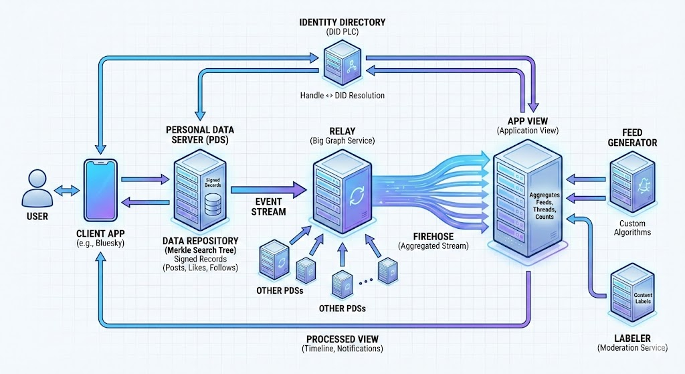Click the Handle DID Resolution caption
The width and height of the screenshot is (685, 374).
[342, 96]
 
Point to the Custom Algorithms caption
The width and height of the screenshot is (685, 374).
[634, 227]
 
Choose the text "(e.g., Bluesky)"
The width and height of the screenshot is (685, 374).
[99, 244]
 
